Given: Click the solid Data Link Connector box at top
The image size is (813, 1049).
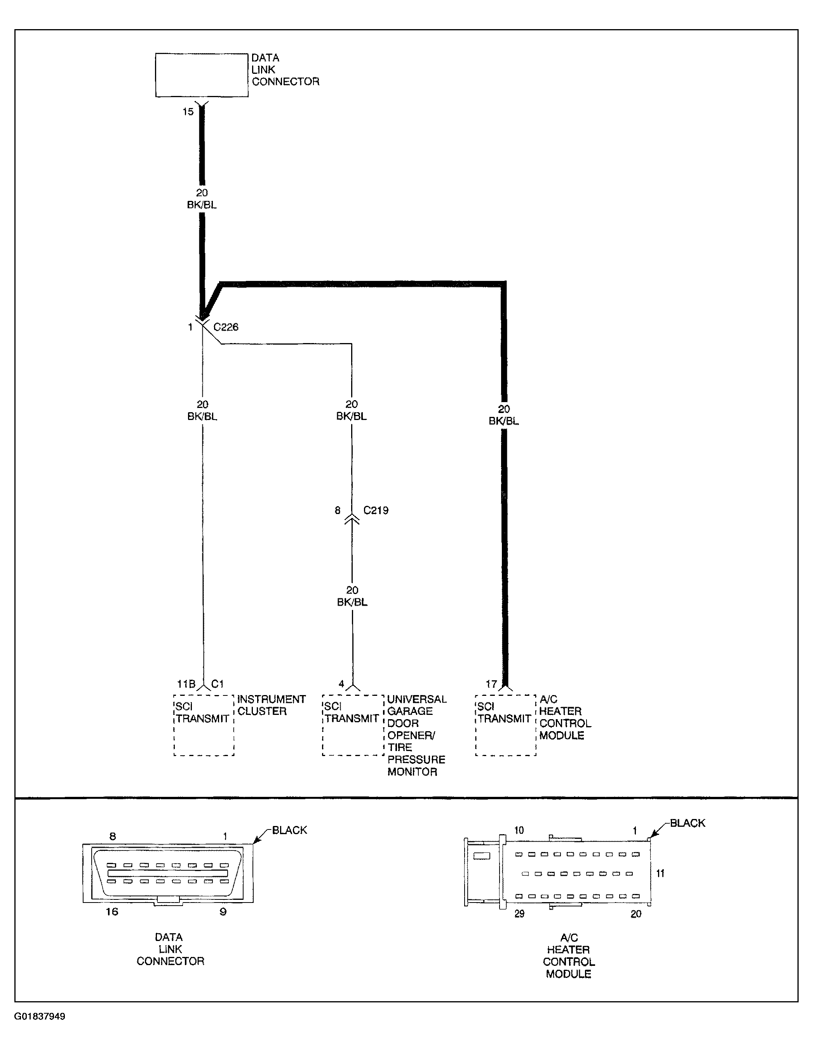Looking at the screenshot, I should pos(202,75).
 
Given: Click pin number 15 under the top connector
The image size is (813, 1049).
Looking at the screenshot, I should pos(188,112).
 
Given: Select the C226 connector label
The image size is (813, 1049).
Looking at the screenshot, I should pos(226,327).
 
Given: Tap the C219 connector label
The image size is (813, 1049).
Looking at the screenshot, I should pos(376,510).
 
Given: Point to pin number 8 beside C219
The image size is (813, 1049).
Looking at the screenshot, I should pos(338,510).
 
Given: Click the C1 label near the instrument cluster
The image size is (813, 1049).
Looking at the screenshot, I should pos(218,684).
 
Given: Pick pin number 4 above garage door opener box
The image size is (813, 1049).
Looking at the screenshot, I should pos(341,684).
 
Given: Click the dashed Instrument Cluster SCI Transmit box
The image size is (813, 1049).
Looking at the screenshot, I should pos(204,725).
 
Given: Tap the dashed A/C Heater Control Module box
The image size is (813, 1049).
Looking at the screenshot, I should pos(505,725).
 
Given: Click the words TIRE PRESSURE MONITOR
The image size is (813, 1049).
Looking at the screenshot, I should pos(416,760).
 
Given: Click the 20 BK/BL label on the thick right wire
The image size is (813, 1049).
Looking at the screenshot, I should pos(504,415).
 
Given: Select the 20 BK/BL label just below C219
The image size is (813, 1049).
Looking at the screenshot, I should pos(352,596).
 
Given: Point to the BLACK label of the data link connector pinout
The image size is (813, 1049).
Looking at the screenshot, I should pos(289,830).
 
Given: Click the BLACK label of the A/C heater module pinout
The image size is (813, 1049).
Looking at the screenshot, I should pos(687,823).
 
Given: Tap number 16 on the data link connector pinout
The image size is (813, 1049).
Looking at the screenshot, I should pos(112,911).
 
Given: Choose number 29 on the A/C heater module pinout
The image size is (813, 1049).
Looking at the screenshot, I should pos(519,913).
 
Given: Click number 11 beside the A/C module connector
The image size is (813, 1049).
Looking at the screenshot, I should pos(660,873).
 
